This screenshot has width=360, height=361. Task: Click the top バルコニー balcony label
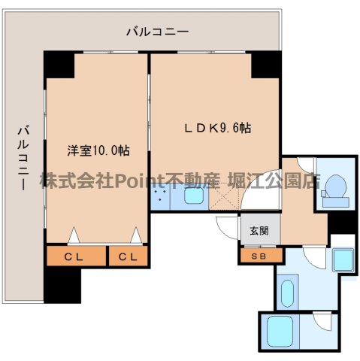coord(157,32)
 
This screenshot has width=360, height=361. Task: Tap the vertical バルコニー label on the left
coord(23,157)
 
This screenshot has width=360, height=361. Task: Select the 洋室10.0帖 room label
coord(98,150)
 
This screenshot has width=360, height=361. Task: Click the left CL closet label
coord(75,256)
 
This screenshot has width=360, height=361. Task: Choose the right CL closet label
coord(128,256)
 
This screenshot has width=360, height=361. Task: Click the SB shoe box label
coord(259,256)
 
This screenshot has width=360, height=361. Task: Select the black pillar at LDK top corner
coord(265,65)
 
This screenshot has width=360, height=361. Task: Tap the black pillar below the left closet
coord(62,285)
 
